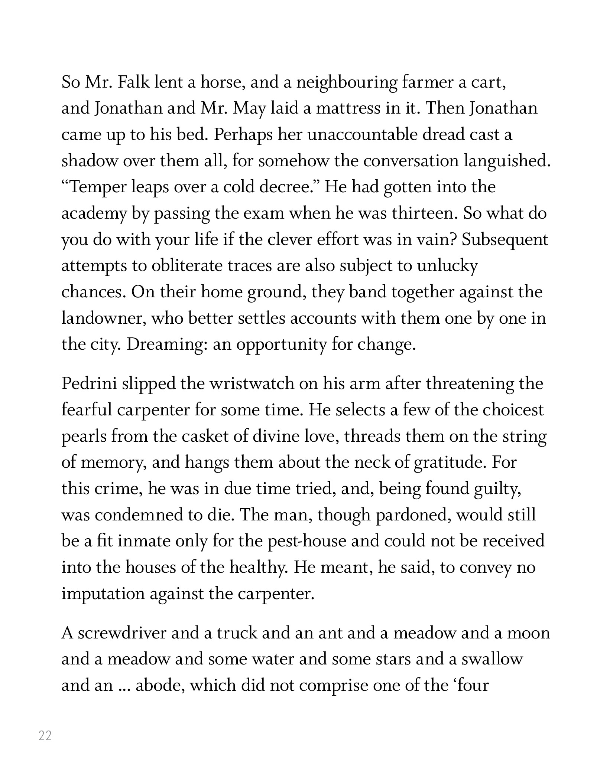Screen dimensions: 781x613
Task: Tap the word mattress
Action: pyautogui.click(x=351, y=108)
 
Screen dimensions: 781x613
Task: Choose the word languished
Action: pyautogui.click(x=507, y=161)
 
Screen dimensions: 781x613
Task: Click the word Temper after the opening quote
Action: pyautogui.click(x=98, y=187)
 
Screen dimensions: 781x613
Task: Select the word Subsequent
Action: pyautogui.click(x=505, y=240)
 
